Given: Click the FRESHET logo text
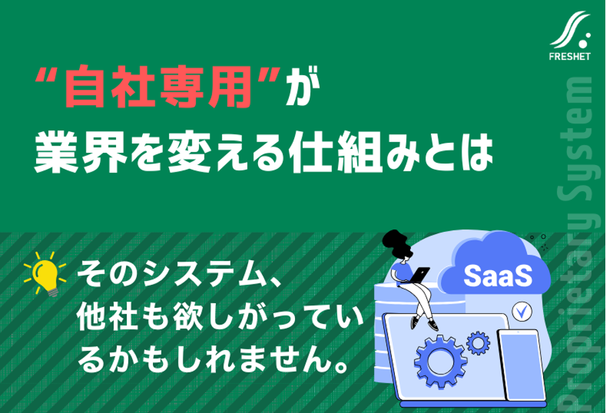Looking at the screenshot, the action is pyautogui.click(x=570, y=56).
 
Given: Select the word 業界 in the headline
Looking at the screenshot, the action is pyautogui.click(x=80, y=152).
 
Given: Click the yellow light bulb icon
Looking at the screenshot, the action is pyautogui.click(x=46, y=274).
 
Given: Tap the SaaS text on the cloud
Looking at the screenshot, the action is pyautogui.click(x=498, y=276).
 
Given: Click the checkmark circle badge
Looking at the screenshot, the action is pyautogui.click(x=522, y=311).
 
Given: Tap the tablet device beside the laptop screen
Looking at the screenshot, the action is pyautogui.click(x=521, y=365).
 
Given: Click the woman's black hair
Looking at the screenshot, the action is pyautogui.click(x=397, y=243).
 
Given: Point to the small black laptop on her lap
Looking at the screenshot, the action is pyautogui.click(x=420, y=275).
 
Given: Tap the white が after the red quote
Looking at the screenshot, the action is pyautogui.click(x=303, y=86).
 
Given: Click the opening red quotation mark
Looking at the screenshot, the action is pyautogui.click(x=44, y=74).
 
